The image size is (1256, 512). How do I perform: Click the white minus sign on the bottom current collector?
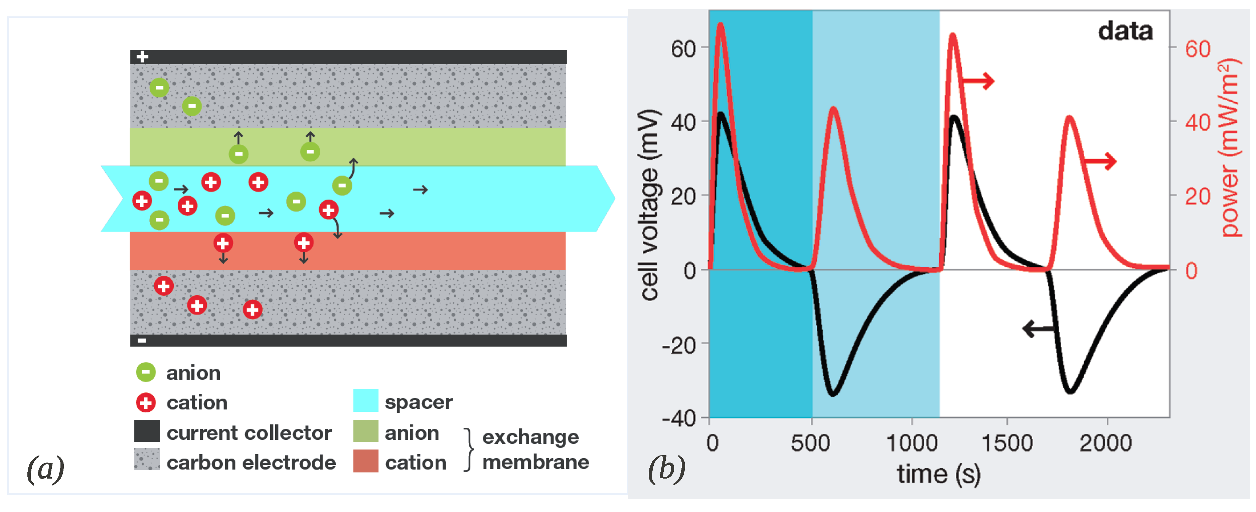click(x=141, y=340)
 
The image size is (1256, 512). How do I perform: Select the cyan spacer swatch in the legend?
click(x=365, y=401)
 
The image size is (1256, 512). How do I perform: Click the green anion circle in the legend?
click(x=146, y=373)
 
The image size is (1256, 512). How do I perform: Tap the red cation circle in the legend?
click(x=146, y=403)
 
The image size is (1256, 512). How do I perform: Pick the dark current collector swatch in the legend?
click(x=147, y=431)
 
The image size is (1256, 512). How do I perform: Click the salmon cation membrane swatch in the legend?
click(x=365, y=461)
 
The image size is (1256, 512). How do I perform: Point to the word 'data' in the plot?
click(x=1125, y=32)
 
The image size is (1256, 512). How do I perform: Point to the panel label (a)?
click(x=45, y=469)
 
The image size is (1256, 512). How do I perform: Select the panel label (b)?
click(x=666, y=469)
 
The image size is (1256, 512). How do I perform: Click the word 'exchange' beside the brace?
click(x=530, y=437)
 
